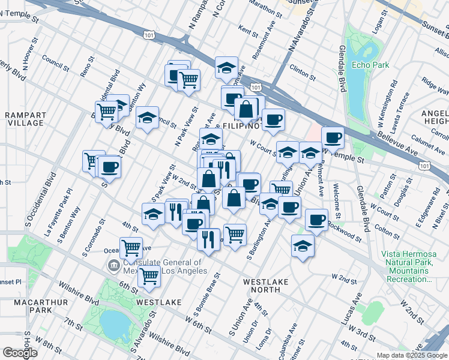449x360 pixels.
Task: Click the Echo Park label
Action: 370,65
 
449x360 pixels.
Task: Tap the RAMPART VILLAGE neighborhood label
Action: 23,118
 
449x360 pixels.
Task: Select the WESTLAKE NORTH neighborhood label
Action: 266,285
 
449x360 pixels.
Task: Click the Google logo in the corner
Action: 20,353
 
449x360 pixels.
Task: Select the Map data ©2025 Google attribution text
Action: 411,355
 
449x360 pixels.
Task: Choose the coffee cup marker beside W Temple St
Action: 333,137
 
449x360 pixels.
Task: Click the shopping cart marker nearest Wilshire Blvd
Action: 149,277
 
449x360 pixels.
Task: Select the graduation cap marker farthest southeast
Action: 303,245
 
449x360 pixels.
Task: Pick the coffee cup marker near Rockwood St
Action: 316,220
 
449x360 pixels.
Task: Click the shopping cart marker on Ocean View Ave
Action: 131,246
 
